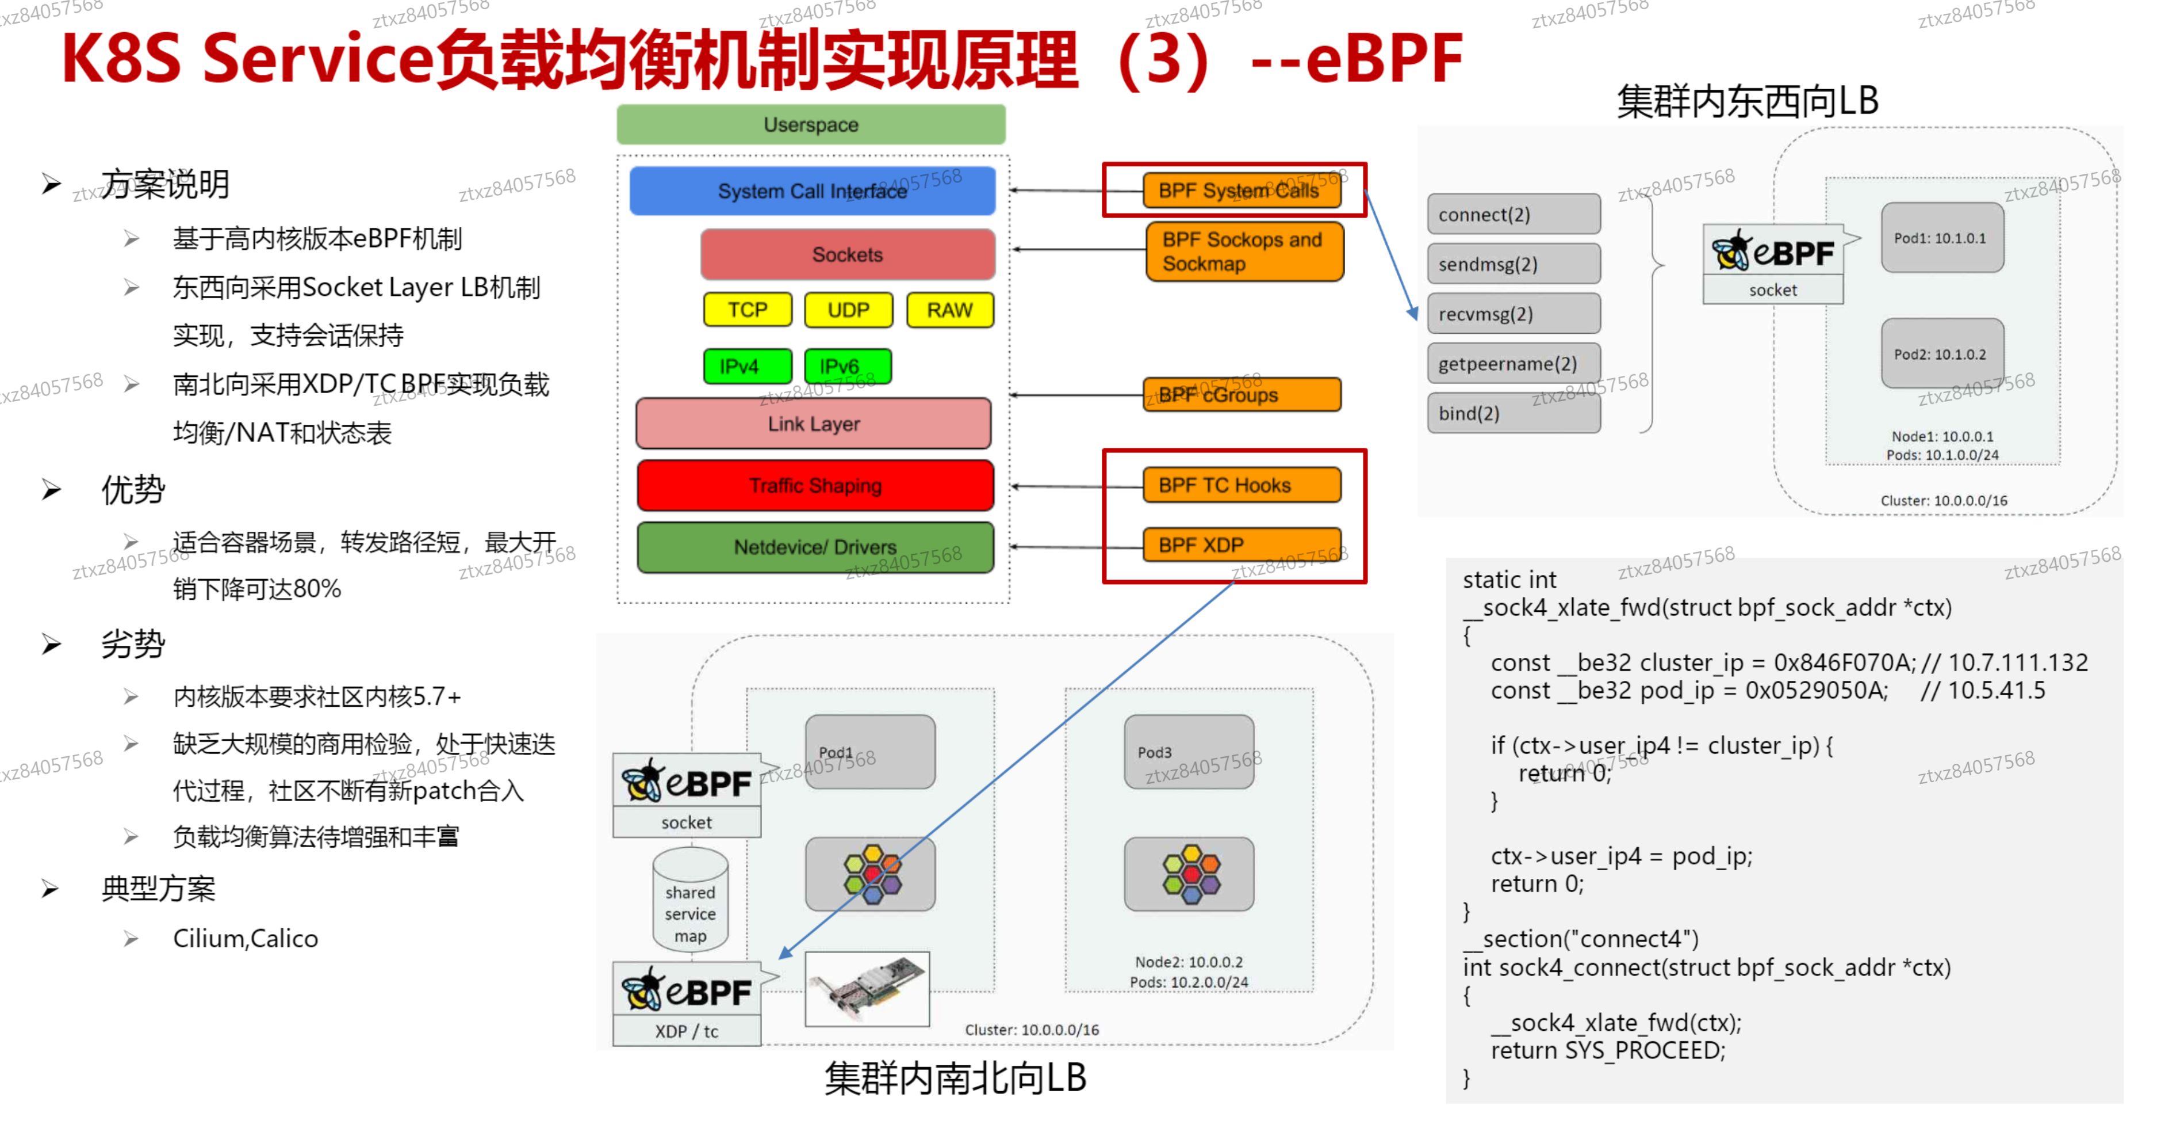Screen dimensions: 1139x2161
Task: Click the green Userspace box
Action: [810, 125]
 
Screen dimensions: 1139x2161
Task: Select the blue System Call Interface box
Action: [811, 192]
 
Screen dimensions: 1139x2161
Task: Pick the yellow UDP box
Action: [848, 310]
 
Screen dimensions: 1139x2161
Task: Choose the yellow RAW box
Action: [949, 310]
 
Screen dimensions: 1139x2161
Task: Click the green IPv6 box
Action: [846, 367]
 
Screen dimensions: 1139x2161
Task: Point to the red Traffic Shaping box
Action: [815, 485]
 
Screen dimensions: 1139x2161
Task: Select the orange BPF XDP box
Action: [1241, 544]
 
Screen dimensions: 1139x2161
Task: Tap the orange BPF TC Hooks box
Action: [1241, 485]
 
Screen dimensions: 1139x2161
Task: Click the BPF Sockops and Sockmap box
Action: [1244, 251]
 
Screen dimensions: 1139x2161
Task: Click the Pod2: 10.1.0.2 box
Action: [1941, 353]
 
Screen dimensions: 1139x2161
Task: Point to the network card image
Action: [867, 989]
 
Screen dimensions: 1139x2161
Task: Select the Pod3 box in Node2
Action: [1188, 751]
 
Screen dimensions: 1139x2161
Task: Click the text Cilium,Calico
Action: [245, 938]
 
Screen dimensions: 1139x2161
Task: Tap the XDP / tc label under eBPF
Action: [686, 1031]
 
